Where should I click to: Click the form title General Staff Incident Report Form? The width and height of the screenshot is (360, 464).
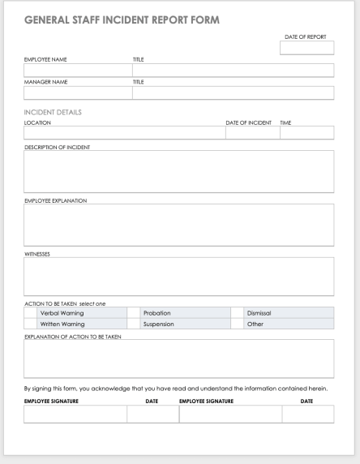[122, 19]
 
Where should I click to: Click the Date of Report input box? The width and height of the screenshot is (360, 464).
[306, 49]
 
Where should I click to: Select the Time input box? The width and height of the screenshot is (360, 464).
[306, 133]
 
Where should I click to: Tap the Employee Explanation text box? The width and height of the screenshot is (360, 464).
[178, 224]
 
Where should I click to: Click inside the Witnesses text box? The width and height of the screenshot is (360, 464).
[178, 277]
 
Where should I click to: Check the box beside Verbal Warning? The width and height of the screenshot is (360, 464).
[30, 312]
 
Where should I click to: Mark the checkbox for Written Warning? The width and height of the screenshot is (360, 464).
[30, 324]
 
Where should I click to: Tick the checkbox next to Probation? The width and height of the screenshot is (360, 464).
[133, 312]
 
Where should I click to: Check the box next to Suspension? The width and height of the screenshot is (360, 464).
[133, 324]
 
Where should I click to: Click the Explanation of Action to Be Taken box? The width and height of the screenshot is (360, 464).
[178, 359]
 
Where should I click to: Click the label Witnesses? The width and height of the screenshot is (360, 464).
[37, 253]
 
